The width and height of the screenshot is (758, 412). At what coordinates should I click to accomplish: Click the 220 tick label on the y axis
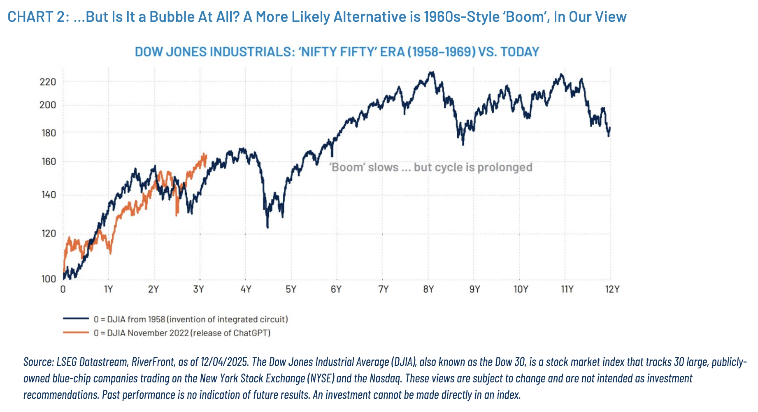click(x=48, y=82)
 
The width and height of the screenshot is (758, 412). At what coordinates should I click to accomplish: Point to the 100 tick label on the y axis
click(x=49, y=279)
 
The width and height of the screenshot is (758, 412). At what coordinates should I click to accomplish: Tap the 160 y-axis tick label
click(x=49, y=162)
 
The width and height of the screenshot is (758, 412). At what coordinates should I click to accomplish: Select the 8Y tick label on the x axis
click(x=428, y=289)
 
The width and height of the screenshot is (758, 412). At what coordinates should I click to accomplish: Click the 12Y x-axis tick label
click(x=612, y=289)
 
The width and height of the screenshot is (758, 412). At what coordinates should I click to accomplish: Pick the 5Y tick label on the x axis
click(x=291, y=289)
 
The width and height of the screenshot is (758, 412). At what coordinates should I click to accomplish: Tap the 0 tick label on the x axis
click(x=63, y=289)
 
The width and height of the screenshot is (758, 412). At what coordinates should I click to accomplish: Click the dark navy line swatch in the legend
click(x=76, y=319)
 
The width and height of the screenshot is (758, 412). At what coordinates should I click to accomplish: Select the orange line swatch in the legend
click(x=76, y=332)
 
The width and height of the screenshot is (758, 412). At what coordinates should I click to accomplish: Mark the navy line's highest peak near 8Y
click(x=431, y=72)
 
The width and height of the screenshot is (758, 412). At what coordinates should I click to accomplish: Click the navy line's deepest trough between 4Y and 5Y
click(x=267, y=227)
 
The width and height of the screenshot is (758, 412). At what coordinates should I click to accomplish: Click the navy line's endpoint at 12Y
click(x=609, y=128)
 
